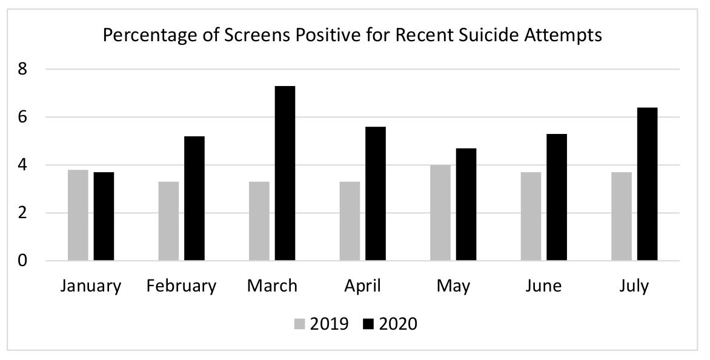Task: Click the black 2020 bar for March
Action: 285,173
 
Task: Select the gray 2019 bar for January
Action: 78,215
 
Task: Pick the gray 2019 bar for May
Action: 440,213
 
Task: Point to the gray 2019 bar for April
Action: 350,221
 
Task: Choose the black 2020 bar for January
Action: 104,216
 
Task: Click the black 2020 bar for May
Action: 466,205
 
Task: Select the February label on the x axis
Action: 181,286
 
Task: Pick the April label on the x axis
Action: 362,286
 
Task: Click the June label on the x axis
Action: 543,286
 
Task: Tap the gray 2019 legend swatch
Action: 300,324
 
